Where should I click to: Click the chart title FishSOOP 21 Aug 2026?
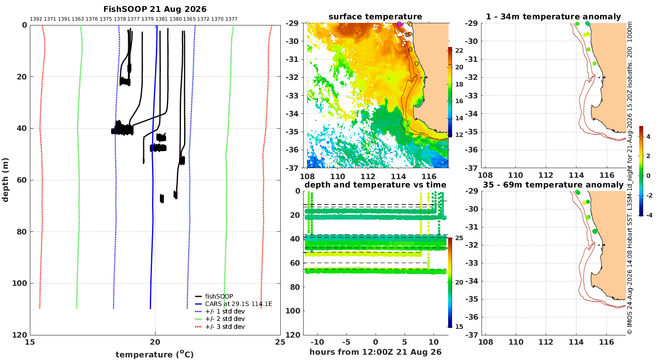pos(155,9)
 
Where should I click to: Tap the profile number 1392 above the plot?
pos(36,19)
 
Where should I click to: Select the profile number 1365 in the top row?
pos(189,19)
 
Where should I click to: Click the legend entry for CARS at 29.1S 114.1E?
pos(239,304)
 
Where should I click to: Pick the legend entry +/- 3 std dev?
pos(225,327)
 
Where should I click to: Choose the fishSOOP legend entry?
pos(219,296)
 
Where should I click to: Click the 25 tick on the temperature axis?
pos(280,342)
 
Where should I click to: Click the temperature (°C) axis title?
pos(155,354)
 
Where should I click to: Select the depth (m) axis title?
pos(5,180)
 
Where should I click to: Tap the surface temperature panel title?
pos(375,17)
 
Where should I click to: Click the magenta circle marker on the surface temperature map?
pos(400,25)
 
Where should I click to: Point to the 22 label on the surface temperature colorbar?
pos(459,50)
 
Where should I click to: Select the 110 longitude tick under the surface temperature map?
pos(337,176)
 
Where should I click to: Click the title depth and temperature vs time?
pos(375,185)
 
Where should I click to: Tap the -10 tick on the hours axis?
pos(317,342)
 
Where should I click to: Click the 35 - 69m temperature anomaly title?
pos(553,185)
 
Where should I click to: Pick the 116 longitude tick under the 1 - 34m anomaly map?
pos(607,175)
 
